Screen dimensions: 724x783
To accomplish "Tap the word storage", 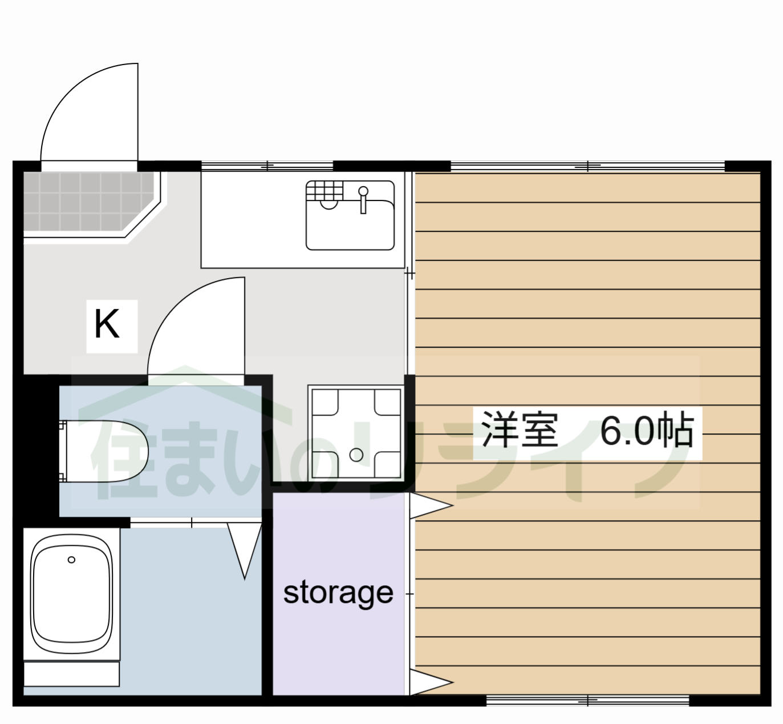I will coord(338,594).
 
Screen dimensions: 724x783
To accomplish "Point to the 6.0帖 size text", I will coord(647,431).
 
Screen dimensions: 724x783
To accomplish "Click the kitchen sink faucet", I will coord(363,198).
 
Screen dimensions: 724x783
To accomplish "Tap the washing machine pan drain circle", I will coord(356,455).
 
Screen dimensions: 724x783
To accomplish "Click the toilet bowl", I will coord(108,451).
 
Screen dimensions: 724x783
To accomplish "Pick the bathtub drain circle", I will coord(71,560).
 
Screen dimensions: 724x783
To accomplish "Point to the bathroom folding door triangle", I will coord(245,548).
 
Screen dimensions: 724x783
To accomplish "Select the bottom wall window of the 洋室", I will coord(587,700).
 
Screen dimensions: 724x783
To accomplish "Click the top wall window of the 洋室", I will coord(587,166).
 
